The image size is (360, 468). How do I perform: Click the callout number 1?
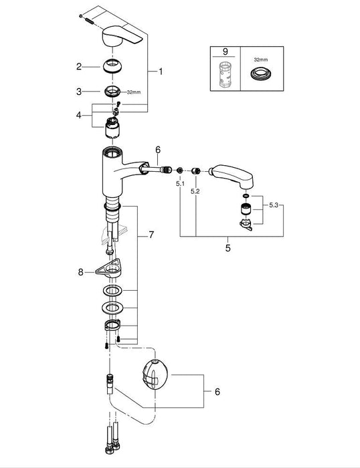point(161,70)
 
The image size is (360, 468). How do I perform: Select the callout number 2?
point(79,66)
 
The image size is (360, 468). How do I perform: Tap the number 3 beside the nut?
point(79,92)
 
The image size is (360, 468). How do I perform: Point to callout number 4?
point(79,115)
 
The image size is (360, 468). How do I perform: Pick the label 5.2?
point(195,191)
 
